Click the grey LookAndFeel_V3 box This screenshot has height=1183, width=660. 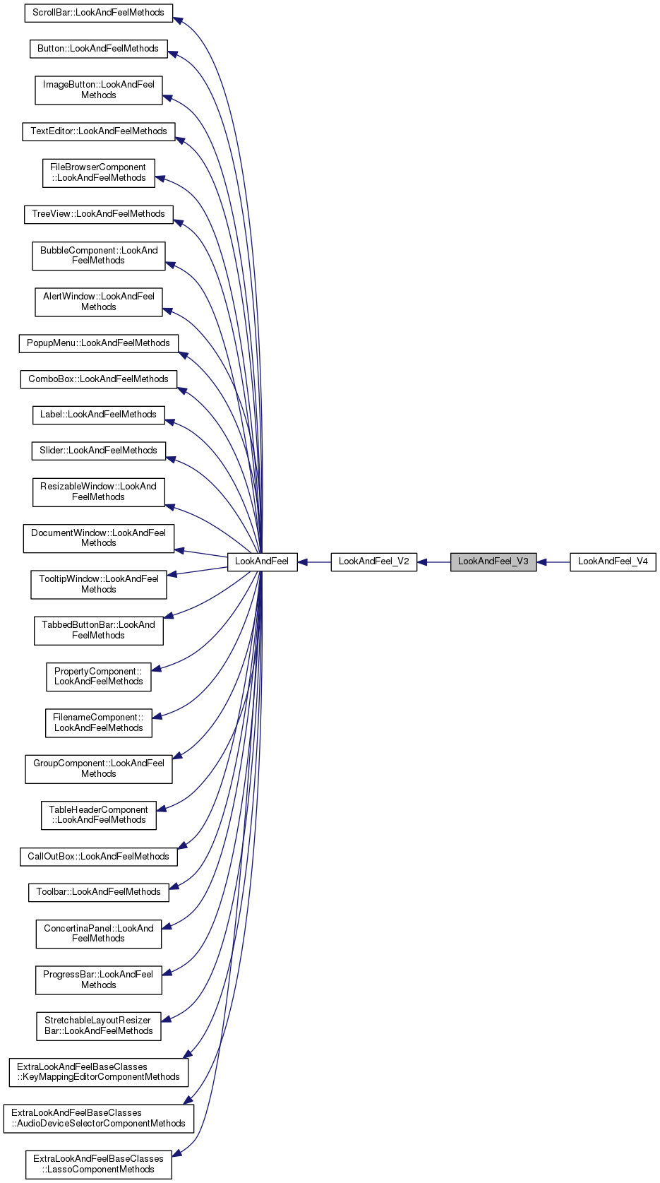click(493, 562)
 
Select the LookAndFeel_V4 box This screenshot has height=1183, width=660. click(613, 562)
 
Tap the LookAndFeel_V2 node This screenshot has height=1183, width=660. click(373, 562)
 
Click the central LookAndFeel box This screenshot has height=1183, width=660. click(262, 562)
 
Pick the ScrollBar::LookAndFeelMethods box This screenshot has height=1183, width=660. click(98, 13)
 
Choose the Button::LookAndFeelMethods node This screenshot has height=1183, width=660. click(98, 49)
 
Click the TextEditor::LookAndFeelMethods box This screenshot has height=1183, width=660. click(98, 131)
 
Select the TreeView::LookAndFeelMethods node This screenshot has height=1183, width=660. click(98, 214)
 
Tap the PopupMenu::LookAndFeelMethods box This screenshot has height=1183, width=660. click(98, 343)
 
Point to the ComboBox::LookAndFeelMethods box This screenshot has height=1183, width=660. click(98, 379)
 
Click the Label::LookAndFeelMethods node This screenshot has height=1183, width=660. click(98, 415)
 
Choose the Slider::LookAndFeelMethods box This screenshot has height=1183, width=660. click(98, 451)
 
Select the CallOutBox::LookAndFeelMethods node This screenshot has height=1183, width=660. click(98, 857)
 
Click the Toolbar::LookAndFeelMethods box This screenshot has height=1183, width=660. click(98, 892)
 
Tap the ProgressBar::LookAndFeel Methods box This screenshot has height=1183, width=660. click(98, 980)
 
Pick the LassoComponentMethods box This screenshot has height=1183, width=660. click(98, 1164)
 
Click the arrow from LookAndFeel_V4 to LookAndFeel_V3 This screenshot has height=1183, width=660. click(553, 562)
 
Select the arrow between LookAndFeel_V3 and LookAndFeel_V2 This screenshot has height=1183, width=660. click(433, 562)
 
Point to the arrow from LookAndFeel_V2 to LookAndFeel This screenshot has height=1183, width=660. click(314, 562)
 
